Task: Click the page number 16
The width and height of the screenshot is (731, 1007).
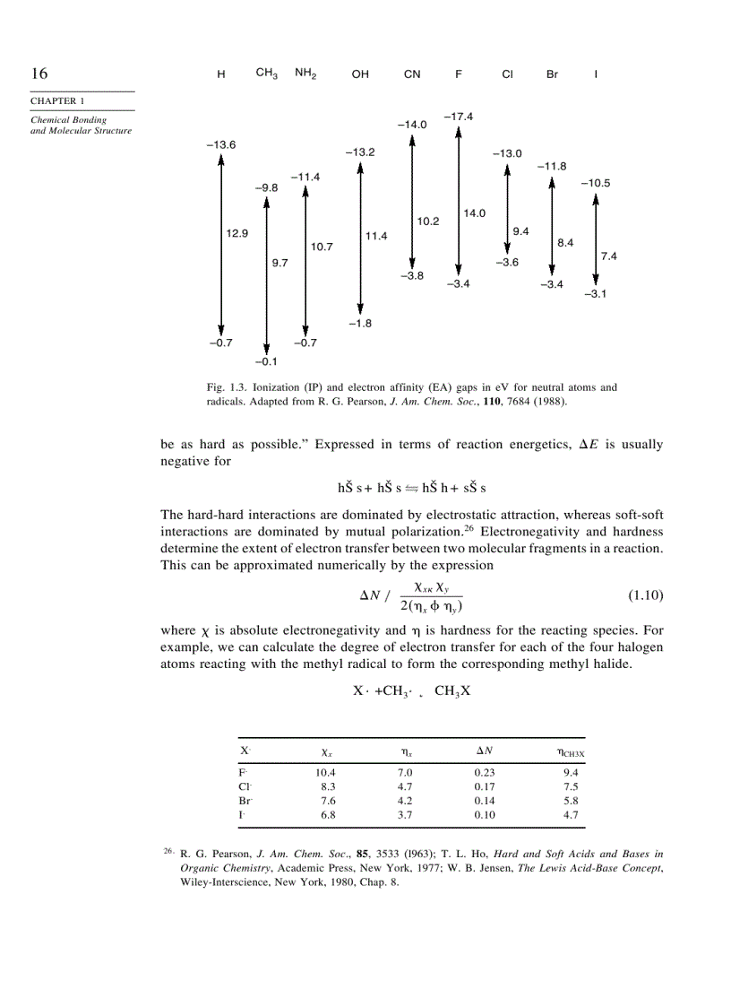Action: click(x=39, y=74)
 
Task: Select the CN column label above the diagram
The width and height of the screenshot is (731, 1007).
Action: click(x=412, y=75)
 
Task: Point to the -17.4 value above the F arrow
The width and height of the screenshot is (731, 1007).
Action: click(x=458, y=117)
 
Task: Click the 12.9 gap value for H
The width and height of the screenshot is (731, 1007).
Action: click(x=236, y=233)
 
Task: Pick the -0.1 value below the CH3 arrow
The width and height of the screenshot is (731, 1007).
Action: click(x=266, y=362)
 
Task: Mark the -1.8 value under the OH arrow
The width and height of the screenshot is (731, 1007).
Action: click(x=359, y=323)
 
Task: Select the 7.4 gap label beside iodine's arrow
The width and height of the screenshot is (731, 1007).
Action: click(x=609, y=256)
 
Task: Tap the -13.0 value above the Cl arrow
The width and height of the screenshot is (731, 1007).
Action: click(x=507, y=154)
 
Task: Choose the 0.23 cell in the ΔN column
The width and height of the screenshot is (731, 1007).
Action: click(x=484, y=772)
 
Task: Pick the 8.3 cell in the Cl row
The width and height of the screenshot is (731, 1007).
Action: click(x=328, y=786)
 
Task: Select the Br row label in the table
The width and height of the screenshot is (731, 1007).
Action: click(x=245, y=801)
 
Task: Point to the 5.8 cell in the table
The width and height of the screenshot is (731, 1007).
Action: click(x=571, y=801)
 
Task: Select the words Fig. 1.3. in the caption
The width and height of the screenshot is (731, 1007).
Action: click(x=225, y=387)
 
